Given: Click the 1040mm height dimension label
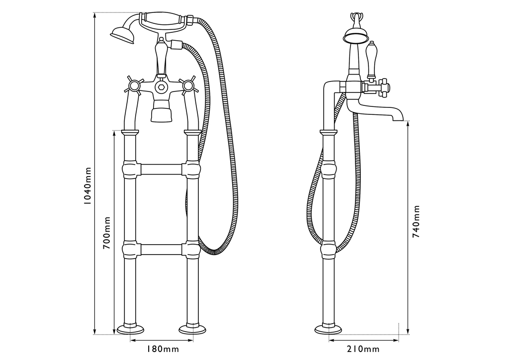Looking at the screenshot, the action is click(x=87, y=185).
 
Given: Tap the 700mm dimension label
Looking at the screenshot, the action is click(x=107, y=233).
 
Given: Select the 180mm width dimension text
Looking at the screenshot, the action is click(x=163, y=349).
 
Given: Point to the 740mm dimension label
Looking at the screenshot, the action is click(x=416, y=221).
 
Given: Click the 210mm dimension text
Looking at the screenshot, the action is click(x=363, y=349).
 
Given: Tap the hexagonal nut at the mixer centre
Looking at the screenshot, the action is click(x=161, y=86).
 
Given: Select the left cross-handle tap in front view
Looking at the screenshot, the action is click(x=133, y=86).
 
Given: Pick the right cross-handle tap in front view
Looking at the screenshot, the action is click(x=188, y=86).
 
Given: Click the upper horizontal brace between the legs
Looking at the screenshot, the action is click(x=161, y=170).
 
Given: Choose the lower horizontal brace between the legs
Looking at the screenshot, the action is click(x=161, y=249).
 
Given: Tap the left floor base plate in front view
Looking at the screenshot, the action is click(x=130, y=329).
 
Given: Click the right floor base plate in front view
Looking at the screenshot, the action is click(x=192, y=329).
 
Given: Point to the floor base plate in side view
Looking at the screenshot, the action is click(x=328, y=329).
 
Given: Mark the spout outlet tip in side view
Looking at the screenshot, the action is click(x=398, y=119).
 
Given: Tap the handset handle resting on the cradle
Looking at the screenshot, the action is click(x=164, y=20).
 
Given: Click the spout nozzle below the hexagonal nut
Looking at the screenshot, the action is click(x=161, y=111).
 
